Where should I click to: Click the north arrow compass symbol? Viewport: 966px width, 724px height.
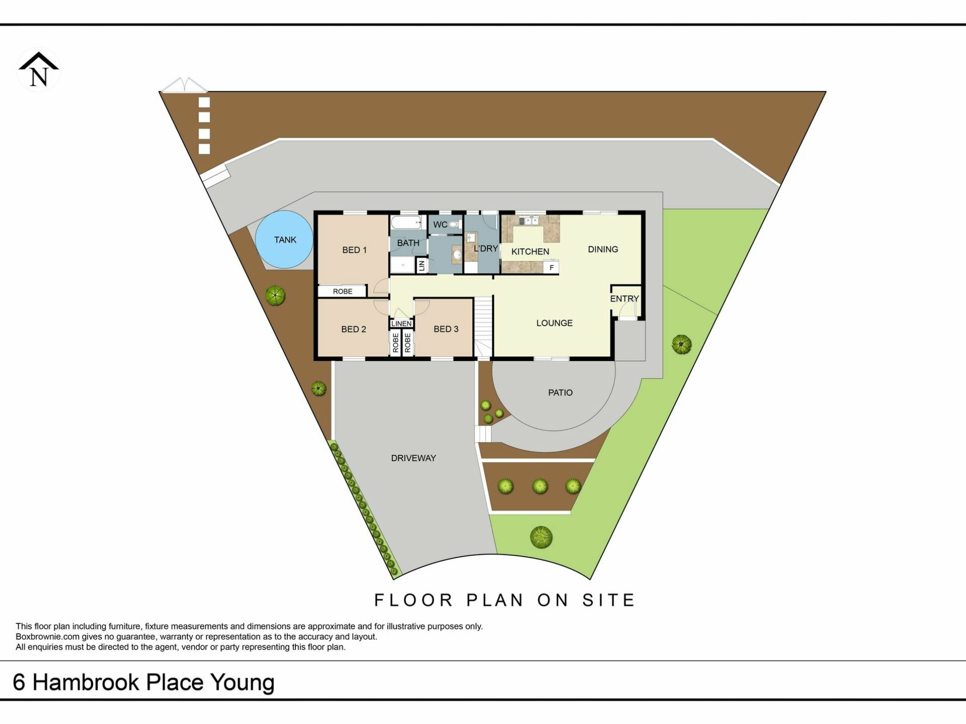pyautogui.click(x=39, y=70)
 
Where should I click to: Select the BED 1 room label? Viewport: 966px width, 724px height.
pyautogui.click(x=354, y=250)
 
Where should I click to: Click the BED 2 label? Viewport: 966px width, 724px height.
pyautogui.click(x=354, y=329)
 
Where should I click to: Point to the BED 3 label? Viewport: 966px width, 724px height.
pyautogui.click(x=446, y=329)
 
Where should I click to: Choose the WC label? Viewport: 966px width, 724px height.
pyautogui.click(x=440, y=225)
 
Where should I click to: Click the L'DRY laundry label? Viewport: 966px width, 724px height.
pyautogui.click(x=486, y=248)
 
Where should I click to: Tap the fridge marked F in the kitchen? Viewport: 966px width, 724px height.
pyautogui.click(x=551, y=267)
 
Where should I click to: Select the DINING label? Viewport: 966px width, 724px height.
pyautogui.click(x=603, y=249)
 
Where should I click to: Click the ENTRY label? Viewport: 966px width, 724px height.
pyautogui.click(x=624, y=299)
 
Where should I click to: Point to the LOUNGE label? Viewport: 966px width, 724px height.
pyautogui.click(x=554, y=323)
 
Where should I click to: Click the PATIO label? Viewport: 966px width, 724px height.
pyautogui.click(x=560, y=393)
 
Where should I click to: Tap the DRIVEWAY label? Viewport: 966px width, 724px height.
pyautogui.click(x=414, y=458)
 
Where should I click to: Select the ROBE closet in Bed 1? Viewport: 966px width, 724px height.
pyautogui.click(x=343, y=291)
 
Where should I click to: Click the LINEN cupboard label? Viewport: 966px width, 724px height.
pyautogui.click(x=401, y=323)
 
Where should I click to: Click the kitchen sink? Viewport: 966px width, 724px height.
pyautogui.click(x=529, y=221)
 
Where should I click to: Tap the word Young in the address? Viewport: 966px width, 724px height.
pyautogui.click(x=243, y=683)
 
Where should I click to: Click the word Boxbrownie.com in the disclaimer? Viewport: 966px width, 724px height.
pyautogui.click(x=47, y=637)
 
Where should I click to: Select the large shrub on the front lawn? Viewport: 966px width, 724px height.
pyautogui.click(x=541, y=537)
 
